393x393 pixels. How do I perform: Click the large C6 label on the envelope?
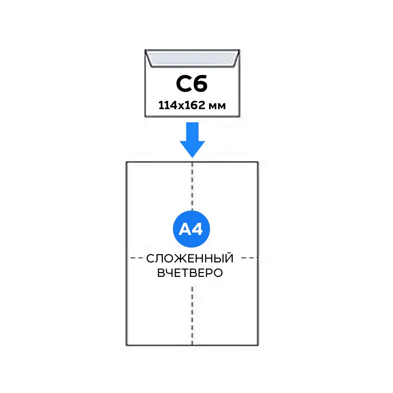[x=192, y=84]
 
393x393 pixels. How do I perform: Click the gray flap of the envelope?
[x=192, y=59]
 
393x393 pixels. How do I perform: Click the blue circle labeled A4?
[x=192, y=229]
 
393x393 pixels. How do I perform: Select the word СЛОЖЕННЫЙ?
[x=190, y=259]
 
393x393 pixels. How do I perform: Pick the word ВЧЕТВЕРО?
[x=190, y=273]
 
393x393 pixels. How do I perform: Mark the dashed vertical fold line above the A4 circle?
[x=192, y=188]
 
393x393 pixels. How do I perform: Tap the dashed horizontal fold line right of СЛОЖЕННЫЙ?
[x=247, y=257]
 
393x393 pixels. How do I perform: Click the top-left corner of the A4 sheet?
[x=127, y=162]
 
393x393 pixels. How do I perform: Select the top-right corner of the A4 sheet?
[x=258, y=162]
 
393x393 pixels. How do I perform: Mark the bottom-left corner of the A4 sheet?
[x=127, y=345]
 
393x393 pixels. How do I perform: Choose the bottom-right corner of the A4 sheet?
[x=258, y=345]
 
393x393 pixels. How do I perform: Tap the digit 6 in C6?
[x=200, y=84]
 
